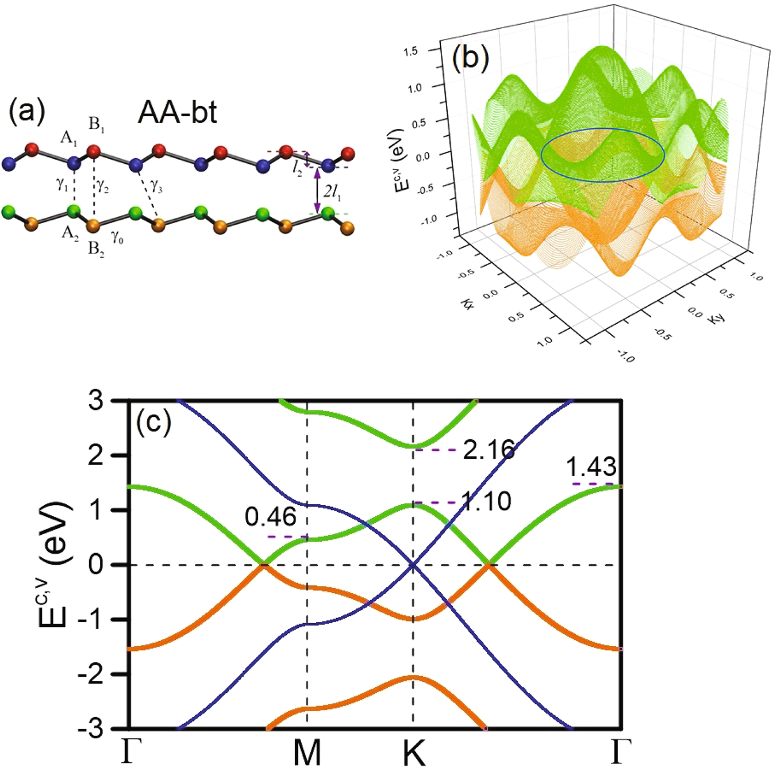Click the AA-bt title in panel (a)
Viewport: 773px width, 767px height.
177,113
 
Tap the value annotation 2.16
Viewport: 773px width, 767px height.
489,450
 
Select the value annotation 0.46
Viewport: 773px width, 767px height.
270,517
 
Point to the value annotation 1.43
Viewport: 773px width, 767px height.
591,467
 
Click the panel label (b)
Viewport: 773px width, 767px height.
470,57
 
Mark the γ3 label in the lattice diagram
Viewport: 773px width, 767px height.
156,185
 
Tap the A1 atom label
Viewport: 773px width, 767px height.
69,139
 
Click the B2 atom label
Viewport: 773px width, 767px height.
96,250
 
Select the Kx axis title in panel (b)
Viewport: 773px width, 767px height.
467,302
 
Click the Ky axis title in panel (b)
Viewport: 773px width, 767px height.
716,316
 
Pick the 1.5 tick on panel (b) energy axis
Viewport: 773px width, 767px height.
410,52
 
